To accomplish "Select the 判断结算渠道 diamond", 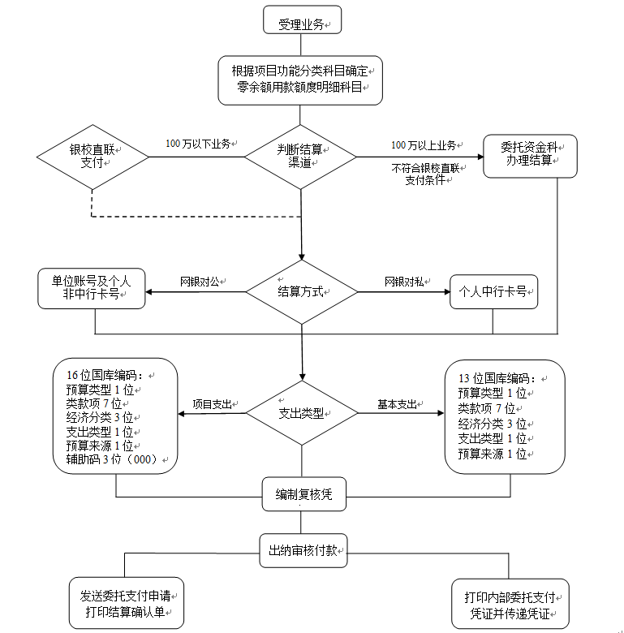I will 301,155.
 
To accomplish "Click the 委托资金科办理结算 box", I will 530,155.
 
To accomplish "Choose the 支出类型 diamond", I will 302,413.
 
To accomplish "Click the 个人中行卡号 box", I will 493,292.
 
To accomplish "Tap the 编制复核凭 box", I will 301,493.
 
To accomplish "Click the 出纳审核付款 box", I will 303,550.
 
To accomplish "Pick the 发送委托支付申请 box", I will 126,603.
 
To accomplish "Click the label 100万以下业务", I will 198,144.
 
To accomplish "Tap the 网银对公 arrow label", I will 201,282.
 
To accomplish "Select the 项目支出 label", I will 213,403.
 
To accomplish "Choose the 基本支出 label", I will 397,403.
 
